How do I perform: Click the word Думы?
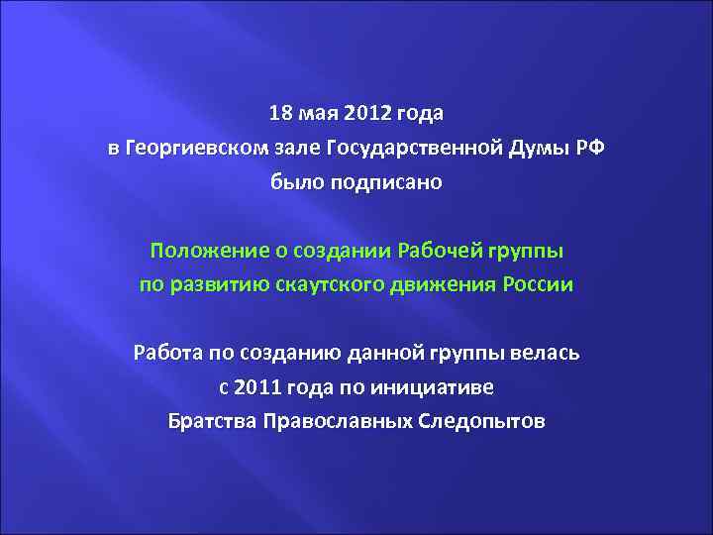pyautogui.click(x=525, y=149)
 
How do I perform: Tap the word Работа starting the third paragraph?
pyautogui.click(x=166, y=352)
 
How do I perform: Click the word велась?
pyautogui.click(x=551, y=352)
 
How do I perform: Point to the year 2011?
pyautogui.click(x=255, y=386)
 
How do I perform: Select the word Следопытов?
pyautogui.click(x=484, y=421)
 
